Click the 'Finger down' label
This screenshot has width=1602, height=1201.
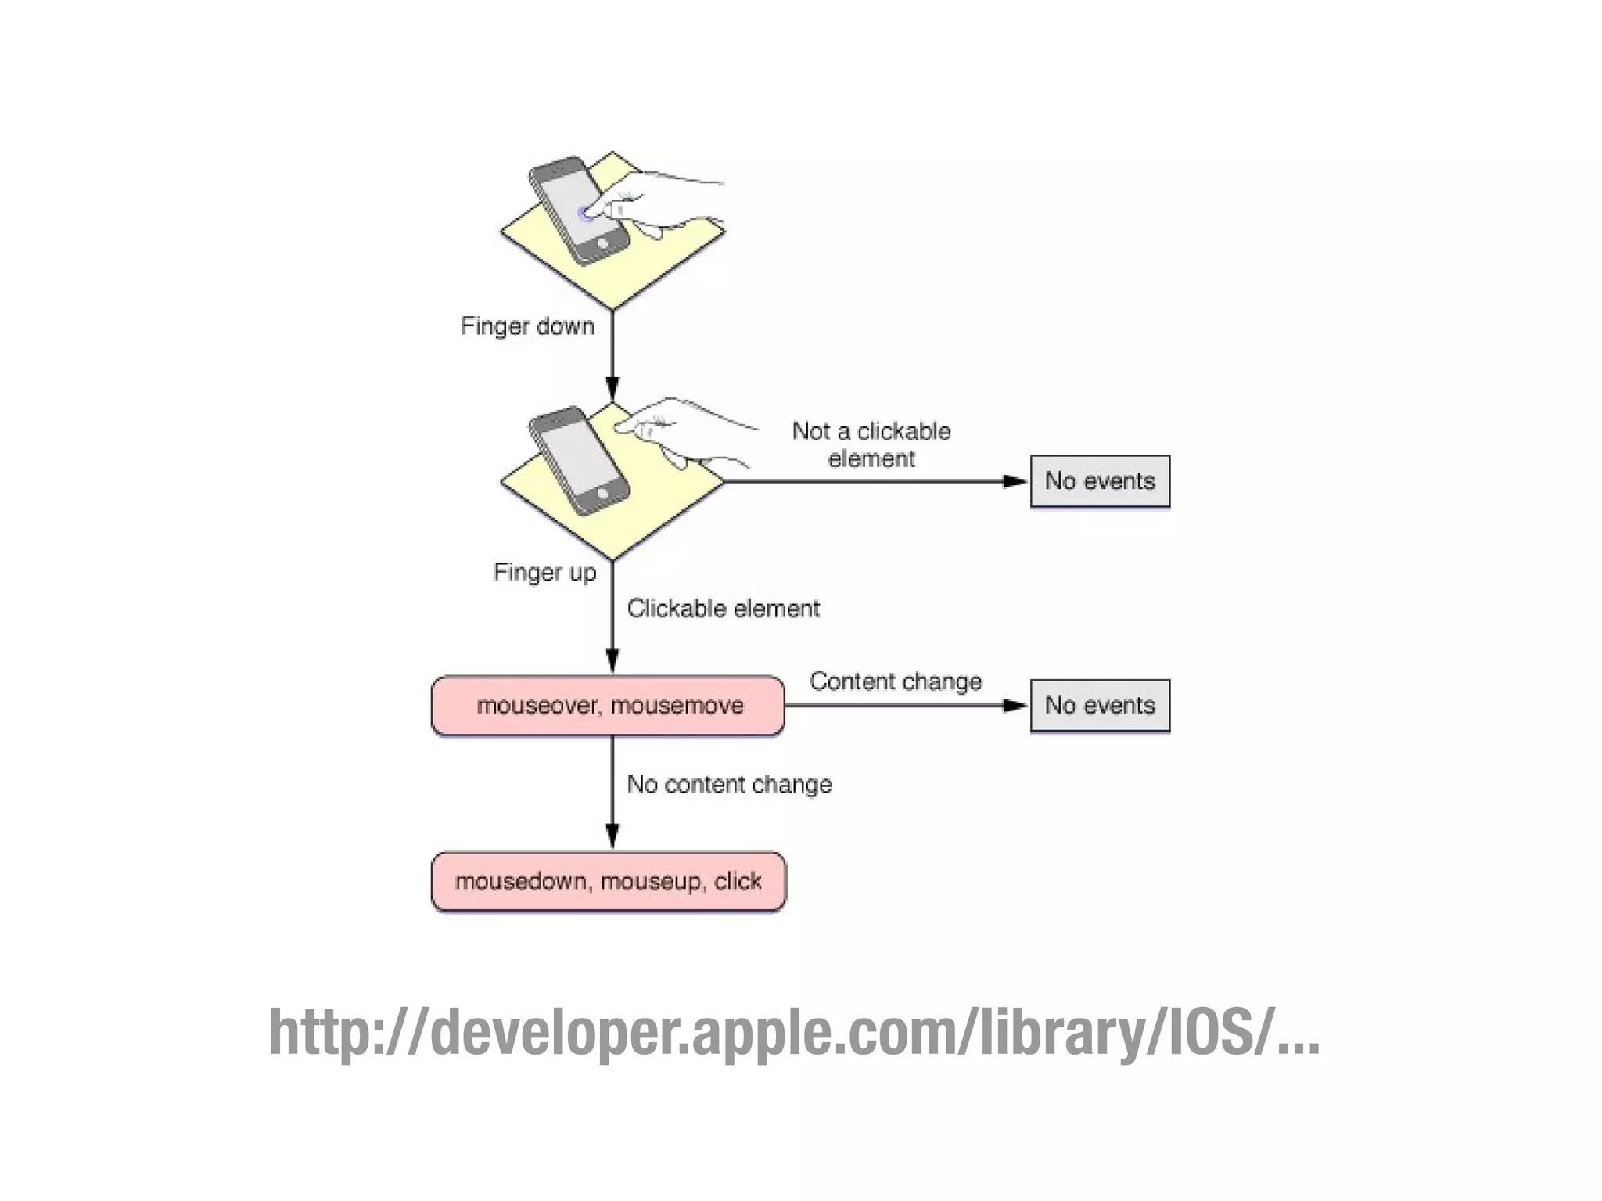point(527,325)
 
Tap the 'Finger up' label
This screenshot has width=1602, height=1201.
point(544,572)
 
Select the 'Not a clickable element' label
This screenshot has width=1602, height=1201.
point(871,444)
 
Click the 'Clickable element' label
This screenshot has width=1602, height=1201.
point(723,608)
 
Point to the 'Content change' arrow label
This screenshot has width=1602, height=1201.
point(895,681)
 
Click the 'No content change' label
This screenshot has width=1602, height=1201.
point(729,784)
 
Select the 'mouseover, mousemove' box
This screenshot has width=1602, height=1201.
point(609,706)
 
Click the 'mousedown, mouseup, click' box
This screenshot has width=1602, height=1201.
point(609,882)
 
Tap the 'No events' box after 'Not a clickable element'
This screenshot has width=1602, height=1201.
point(1100,481)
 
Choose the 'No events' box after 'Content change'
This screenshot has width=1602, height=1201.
point(1100,705)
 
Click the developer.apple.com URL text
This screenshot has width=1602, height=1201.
point(793,1032)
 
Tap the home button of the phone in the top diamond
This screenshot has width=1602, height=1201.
point(602,243)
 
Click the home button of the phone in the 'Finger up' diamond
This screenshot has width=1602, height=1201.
point(602,493)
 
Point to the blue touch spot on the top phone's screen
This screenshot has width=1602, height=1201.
point(584,213)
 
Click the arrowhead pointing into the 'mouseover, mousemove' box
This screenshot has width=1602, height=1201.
point(612,660)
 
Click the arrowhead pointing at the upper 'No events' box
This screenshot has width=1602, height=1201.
point(1014,481)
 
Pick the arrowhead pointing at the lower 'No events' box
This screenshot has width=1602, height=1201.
point(1014,706)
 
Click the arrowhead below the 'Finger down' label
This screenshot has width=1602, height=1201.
point(612,388)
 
